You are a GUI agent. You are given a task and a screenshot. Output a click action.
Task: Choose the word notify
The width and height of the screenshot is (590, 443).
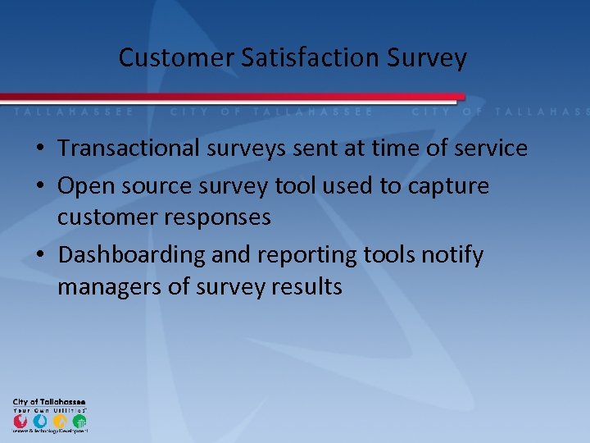coord(452,255)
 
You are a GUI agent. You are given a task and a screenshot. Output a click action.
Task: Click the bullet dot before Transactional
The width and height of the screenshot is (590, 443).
coord(39,149)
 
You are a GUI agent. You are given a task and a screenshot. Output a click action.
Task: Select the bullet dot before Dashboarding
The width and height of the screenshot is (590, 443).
coord(39,256)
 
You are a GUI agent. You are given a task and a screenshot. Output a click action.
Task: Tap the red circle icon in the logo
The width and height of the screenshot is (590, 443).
coord(20,420)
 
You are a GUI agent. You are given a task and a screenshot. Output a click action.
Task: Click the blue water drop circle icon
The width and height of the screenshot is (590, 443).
coord(39,420)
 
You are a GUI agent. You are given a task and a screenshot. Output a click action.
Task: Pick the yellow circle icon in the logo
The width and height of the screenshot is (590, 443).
coord(59,420)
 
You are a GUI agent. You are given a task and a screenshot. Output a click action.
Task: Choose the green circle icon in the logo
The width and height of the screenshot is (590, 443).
coord(79,420)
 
